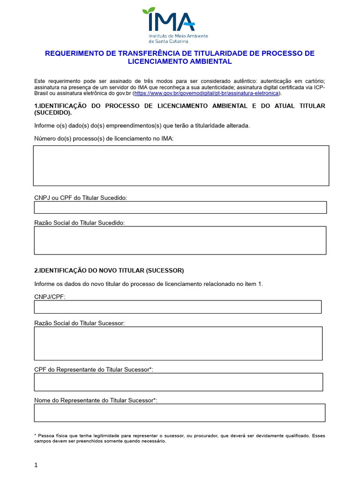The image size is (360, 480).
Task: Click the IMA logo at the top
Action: point(170,20)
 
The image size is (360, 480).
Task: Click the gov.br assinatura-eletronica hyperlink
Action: point(207,93)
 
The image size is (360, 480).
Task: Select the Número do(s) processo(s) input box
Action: point(181,165)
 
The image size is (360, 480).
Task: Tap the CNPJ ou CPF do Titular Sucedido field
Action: point(180,208)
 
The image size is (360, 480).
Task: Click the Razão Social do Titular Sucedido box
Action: point(180,240)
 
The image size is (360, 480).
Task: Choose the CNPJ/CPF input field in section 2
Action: point(178,307)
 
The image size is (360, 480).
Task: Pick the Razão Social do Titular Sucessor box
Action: point(178,344)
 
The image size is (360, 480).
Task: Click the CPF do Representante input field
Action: point(178,382)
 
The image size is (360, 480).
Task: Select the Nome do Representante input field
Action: point(180,413)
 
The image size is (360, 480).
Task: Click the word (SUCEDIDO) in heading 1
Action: point(53,113)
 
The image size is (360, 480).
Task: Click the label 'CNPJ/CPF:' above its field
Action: point(49,296)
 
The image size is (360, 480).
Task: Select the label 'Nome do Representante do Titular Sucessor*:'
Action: point(96,400)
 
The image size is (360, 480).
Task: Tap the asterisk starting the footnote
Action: point(36,435)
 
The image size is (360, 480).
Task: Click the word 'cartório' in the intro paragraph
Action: point(314,81)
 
